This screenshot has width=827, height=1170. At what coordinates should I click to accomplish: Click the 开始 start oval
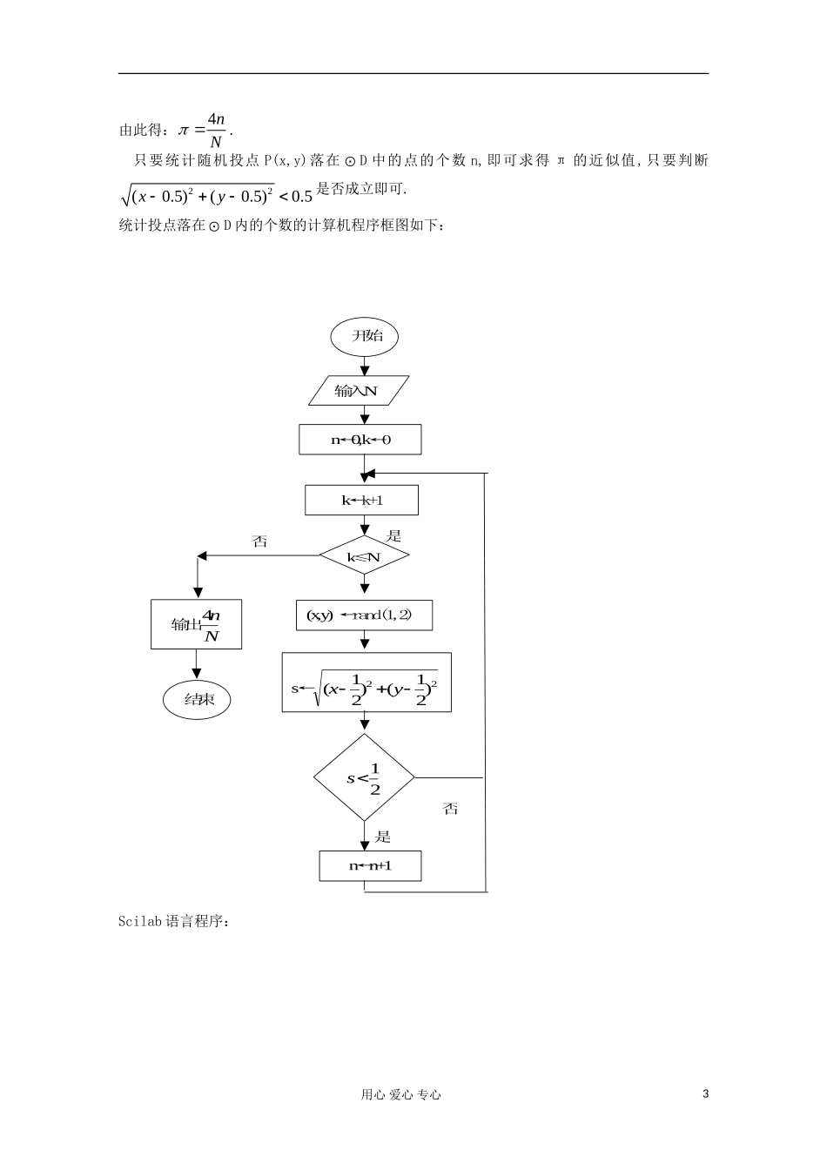pyautogui.click(x=364, y=336)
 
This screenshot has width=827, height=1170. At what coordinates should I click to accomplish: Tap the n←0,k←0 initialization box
pyautogui.click(x=360, y=440)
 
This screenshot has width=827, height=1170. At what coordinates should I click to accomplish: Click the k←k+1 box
pyautogui.click(x=361, y=501)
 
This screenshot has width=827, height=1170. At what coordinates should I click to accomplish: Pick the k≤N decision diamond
pyautogui.click(x=364, y=556)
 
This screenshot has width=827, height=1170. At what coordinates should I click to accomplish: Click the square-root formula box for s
pyautogui.click(x=366, y=682)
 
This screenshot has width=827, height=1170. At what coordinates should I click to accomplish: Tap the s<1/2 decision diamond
pyautogui.click(x=364, y=777)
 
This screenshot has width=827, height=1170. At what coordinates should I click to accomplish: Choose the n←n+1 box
pyautogui.click(x=370, y=866)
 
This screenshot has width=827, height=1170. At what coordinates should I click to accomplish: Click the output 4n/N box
pyautogui.click(x=196, y=624)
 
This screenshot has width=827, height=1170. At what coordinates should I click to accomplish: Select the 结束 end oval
pyautogui.click(x=197, y=699)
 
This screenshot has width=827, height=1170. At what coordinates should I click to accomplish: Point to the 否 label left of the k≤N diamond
pyautogui.click(x=259, y=541)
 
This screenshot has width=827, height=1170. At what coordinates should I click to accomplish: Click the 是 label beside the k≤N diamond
pyautogui.click(x=393, y=536)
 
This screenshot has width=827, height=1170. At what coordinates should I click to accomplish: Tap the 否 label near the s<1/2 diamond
pyautogui.click(x=450, y=809)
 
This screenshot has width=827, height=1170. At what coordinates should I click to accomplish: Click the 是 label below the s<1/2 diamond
pyautogui.click(x=383, y=837)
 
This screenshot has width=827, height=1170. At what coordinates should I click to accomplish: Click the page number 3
pyautogui.click(x=705, y=1094)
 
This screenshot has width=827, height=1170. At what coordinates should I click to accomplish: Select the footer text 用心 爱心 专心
pyautogui.click(x=400, y=1095)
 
